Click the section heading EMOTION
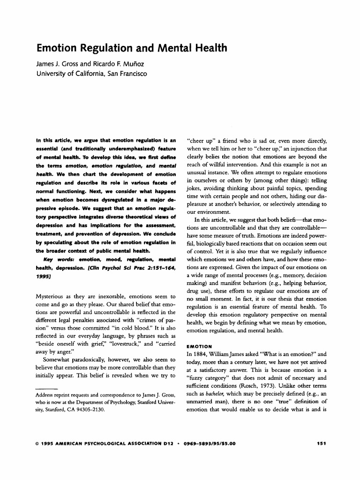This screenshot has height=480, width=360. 199,346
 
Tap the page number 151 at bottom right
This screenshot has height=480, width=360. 322,442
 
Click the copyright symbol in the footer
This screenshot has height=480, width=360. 37,442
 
